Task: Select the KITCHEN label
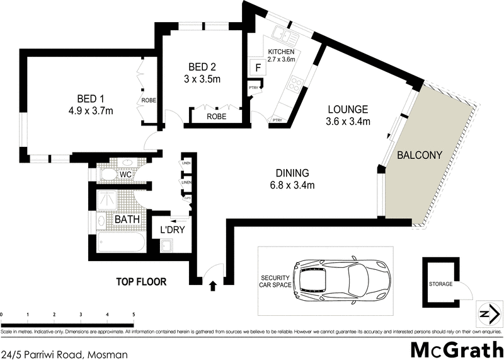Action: click(x=280, y=52)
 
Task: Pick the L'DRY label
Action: click(x=172, y=231)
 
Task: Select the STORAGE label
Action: click(x=441, y=284)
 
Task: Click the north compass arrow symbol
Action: click(x=486, y=314)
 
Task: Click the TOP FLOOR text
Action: click(x=142, y=282)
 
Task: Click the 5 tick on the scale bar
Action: click(x=134, y=313)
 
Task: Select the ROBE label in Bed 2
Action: click(x=216, y=117)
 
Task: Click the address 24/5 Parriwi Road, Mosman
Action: click(x=64, y=354)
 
